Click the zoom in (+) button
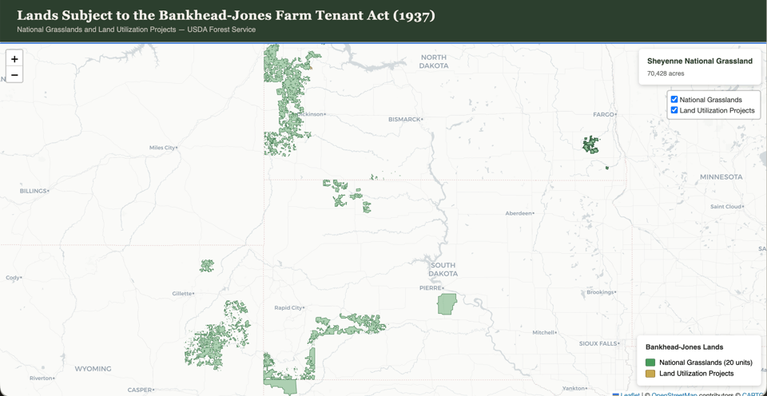click(x=14, y=59)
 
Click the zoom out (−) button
click(x=14, y=75)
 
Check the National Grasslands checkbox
click(x=674, y=100)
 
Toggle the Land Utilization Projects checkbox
click(x=674, y=110)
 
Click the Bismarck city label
click(x=404, y=119)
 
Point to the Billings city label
click(x=34, y=191)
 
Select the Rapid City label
click(x=288, y=307)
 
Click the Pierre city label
click(x=431, y=287)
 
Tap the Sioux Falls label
click(x=598, y=343)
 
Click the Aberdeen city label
click(x=519, y=213)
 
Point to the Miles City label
click(x=162, y=148)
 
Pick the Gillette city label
click(x=182, y=293)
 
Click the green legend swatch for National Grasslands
click(x=650, y=362)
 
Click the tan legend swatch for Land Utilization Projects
click(x=650, y=373)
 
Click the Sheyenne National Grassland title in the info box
click(x=699, y=61)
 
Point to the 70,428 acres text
click(x=666, y=73)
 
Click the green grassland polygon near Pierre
click(x=447, y=303)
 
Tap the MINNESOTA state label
click(x=721, y=176)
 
